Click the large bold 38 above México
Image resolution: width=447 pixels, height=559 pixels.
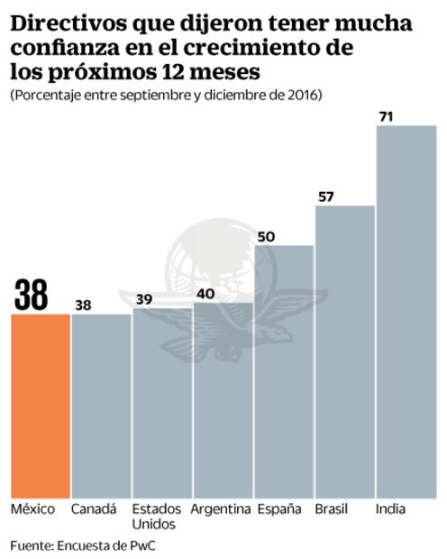tap(32, 294)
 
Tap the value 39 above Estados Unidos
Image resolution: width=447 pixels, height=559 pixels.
tap(143, 299)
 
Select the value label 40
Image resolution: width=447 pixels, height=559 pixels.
tap(205, 293)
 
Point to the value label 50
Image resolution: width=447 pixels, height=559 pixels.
tap(266, 236)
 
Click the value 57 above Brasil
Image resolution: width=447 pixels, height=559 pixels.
tap(326, 197)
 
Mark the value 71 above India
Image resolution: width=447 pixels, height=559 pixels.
tap(388, 117)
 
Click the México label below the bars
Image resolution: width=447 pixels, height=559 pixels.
tap(32, 509)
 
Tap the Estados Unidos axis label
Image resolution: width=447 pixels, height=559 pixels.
tap(157, 517)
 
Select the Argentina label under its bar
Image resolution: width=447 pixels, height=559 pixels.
tap(221, 509)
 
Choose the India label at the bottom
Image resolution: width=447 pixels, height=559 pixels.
tap(390, 509)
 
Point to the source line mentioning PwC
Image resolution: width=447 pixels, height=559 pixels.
tap(76, 545)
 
